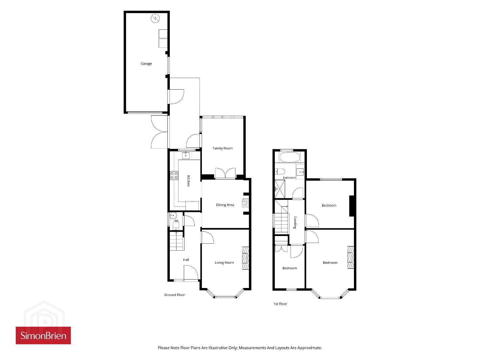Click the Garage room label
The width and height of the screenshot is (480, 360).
[x=146, y=64]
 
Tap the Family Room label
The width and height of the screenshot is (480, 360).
[x=222, y=148]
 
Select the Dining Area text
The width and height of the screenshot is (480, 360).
[x=225, y=205]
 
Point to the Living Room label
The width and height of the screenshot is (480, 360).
[x=224, y=262]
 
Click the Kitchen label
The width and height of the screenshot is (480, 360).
[x=188, y=181]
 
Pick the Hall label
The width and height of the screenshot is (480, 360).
[x=186, y=260]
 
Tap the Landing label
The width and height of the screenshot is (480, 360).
[x=295, y=222]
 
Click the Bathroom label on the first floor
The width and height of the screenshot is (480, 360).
[x=289, y=178]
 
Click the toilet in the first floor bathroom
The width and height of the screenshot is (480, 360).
[x=280, y=171]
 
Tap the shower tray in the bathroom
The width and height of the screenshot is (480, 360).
[x=280, y=189]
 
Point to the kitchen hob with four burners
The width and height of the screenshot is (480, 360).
[x=174, y=175]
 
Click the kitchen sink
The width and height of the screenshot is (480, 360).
[x=186, y=156]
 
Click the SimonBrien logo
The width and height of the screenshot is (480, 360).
[x=43, y=335]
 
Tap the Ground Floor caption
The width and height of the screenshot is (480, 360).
[x=174, y=295]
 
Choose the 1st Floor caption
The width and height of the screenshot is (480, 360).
[x=280, y=304]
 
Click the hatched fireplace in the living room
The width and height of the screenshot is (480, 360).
[x=246, y=258]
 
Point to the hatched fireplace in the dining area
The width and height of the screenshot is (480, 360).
[x=246, y=203]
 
